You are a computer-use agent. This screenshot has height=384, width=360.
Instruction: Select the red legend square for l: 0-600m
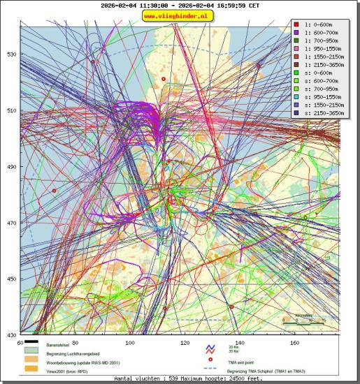(297, 25)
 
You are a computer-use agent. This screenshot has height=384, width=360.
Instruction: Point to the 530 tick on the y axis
(10, 54)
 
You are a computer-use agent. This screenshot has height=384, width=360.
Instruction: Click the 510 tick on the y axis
(10, 110)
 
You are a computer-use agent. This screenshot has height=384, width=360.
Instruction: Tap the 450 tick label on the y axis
(10, 279)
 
